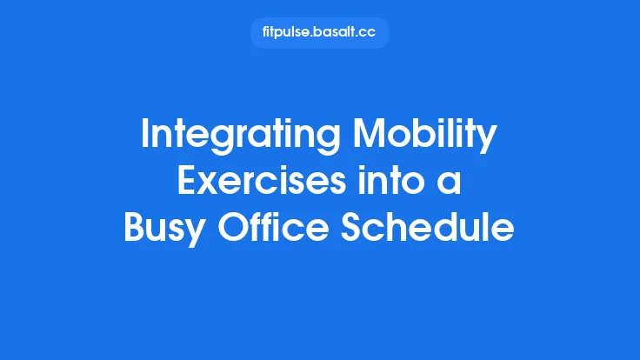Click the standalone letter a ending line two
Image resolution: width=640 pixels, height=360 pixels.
pos(451,184)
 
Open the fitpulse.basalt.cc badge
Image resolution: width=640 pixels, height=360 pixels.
pos(319,33)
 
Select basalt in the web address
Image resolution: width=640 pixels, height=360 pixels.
pos(334,33)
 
